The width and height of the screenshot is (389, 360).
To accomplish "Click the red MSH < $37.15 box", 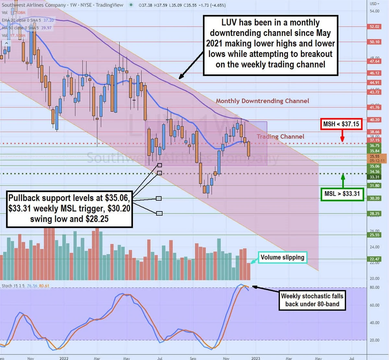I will coord(341,124).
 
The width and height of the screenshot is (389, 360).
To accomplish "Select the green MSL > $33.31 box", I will coord(342,194).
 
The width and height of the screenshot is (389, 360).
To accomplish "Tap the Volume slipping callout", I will coord(282,257).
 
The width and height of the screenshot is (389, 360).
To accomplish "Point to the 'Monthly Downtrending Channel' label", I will coord(262,101).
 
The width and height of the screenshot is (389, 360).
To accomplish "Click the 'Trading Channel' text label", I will coord(280,137).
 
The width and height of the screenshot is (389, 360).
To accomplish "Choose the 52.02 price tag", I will coord(374,27).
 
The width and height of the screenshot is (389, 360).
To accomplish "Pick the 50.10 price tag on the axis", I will coord(374,42).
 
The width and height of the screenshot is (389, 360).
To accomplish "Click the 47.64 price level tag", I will coord(374,61).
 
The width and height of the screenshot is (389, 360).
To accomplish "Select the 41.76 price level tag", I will coord(374,107).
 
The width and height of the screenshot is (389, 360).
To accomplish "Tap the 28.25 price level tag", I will coord(374,213).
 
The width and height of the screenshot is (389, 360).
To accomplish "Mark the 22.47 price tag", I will coord(374,259).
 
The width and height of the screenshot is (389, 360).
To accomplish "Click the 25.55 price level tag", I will coord(374,235).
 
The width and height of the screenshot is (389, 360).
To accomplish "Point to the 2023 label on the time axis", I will coord(255,358).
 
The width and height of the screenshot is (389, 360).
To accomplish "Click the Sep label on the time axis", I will coord(193,358).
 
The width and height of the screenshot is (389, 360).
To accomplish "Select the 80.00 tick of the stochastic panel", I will coord(374,287).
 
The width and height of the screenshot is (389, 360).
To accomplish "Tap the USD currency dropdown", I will coord(374,4).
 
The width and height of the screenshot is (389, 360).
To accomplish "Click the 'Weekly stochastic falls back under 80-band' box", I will coord(312,300).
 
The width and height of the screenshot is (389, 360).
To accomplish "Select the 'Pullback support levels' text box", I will coord(69,209).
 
